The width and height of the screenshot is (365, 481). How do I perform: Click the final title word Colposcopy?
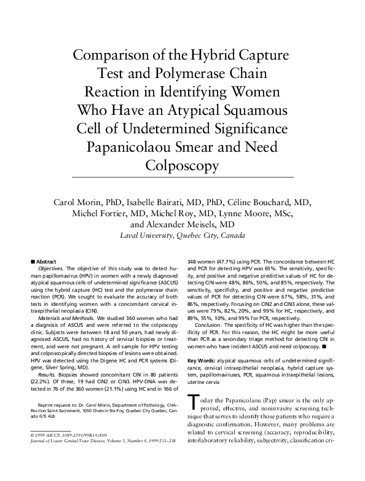click(182, 166)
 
